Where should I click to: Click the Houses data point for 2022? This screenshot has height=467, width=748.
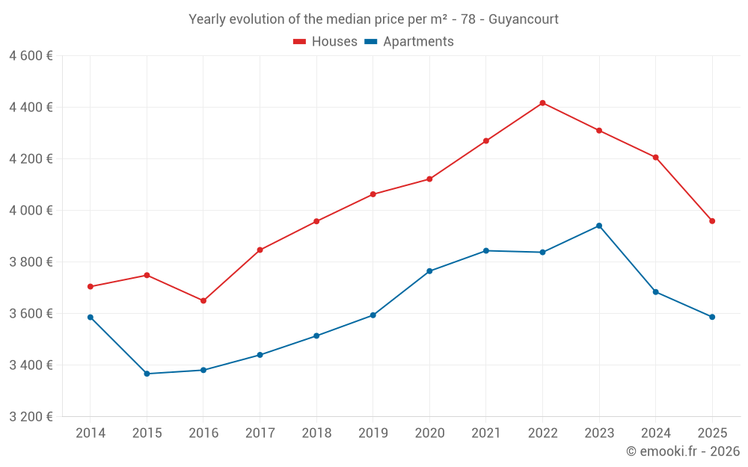tap(542, 103)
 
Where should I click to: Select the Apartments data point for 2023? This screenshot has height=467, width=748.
tap(599, 226)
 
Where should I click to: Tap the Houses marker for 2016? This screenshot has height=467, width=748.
tap(203, 300)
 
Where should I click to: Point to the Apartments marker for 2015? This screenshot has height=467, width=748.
tap(147, 374)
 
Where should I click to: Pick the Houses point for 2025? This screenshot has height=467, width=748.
tap(712, 221)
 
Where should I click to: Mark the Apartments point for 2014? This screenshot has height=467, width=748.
tap(90, 318)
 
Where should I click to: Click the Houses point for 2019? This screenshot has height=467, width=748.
tap(373, 194)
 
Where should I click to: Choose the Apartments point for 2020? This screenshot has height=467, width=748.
tap(429, 271)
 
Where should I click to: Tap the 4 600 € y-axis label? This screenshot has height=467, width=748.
tap(31, 56)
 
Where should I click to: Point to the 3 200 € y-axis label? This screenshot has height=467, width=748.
tap(31, 417)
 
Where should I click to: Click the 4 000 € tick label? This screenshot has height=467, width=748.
tap(31, 211)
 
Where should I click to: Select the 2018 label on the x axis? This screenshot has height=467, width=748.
tap(316, 433)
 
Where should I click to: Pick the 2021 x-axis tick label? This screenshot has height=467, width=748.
tap(486, 433)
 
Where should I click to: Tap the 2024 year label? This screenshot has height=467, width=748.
tap(656, 433)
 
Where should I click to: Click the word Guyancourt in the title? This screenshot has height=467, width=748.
tap(523, 19)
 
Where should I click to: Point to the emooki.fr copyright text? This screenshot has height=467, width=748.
tap(683, 451)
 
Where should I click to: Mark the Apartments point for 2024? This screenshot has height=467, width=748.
tap(656, 292)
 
